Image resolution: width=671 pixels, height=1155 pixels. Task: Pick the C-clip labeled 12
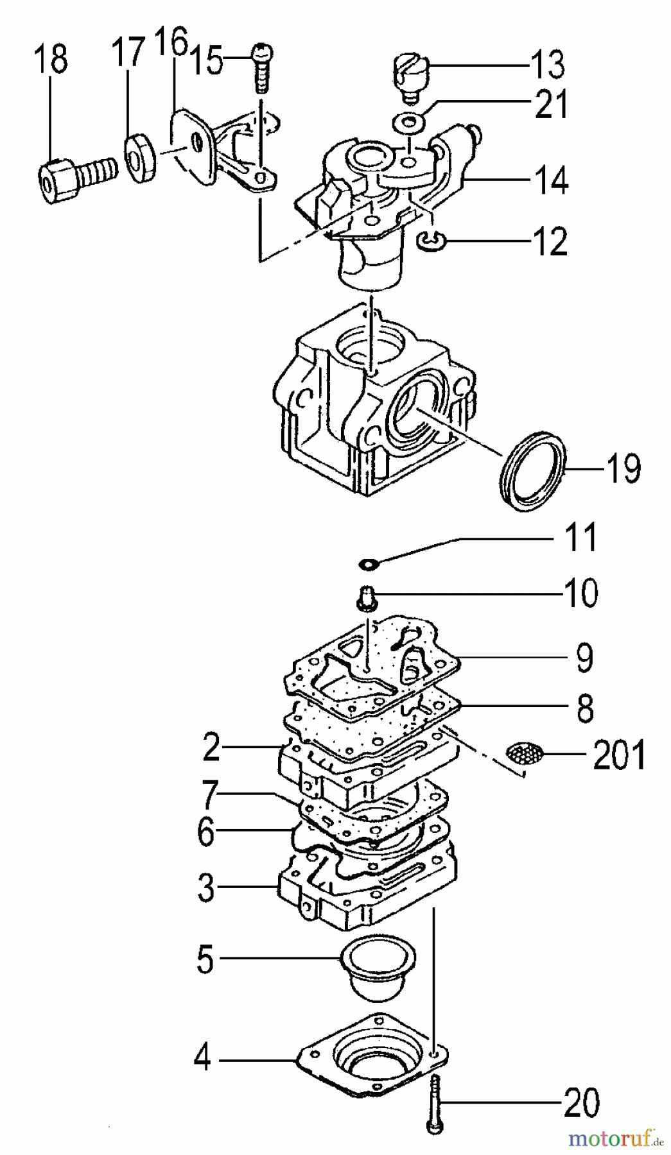(x=428, y=241)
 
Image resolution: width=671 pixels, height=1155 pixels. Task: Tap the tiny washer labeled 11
(x=369, y=564)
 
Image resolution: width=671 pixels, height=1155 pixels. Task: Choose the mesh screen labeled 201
(x=525, y=752)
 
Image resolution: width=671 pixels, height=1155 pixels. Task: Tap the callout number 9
(x=584, y=659)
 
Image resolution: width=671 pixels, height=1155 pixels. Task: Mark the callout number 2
(x=211, y=748)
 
